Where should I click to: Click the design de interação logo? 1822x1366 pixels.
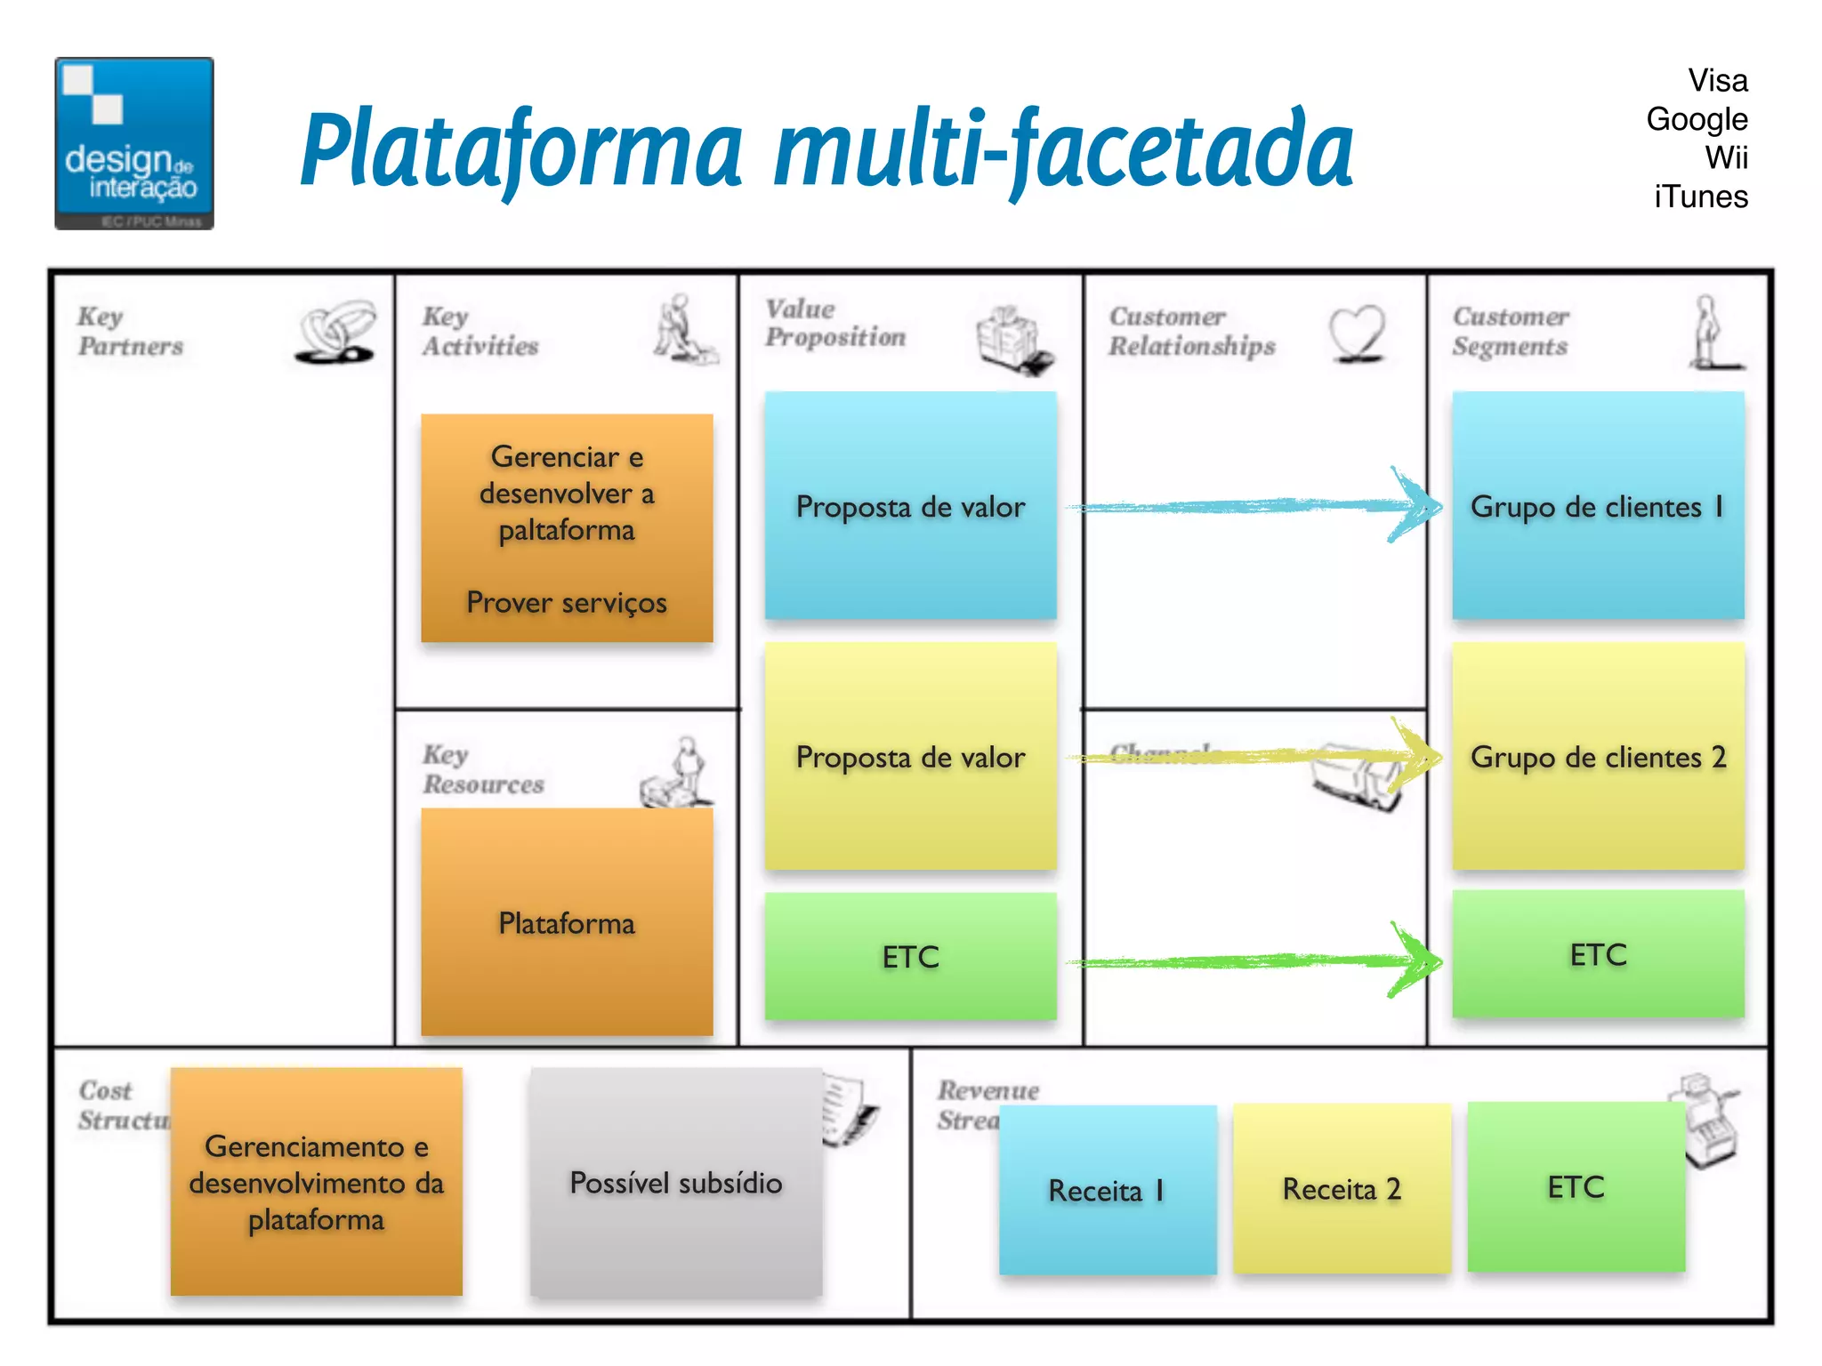(x=134, y=144)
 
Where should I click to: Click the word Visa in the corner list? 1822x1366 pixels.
(x=1717, y=81)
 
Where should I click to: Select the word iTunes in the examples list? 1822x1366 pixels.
(x=1700, y=197)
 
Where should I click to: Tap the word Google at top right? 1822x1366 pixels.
(x=1697, y=119)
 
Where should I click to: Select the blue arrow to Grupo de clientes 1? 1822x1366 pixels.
(x=1254, y=506)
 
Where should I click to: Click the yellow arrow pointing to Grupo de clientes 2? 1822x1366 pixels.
(x=1254, y=757)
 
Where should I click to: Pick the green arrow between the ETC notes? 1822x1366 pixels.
(x=1254, y=961)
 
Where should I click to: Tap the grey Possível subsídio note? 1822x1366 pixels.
(x=676, y=1183)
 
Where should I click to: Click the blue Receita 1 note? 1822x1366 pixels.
(x=1107, y=1190)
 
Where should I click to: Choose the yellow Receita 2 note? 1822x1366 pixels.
(x=1342, y=1189)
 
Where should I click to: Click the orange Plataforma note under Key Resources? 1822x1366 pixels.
(x=567, y=923)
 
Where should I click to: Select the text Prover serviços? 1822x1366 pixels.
(x=567, y=603)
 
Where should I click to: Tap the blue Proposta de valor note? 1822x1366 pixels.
(x=910, y=506)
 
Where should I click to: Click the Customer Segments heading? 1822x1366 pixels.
(x=1510, y=331)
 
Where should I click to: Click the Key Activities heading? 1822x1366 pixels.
(x=480, y=331)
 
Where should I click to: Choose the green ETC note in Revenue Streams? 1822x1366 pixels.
(x=1576, y=1187)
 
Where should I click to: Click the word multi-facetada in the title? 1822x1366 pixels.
(x=1063, y=149)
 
